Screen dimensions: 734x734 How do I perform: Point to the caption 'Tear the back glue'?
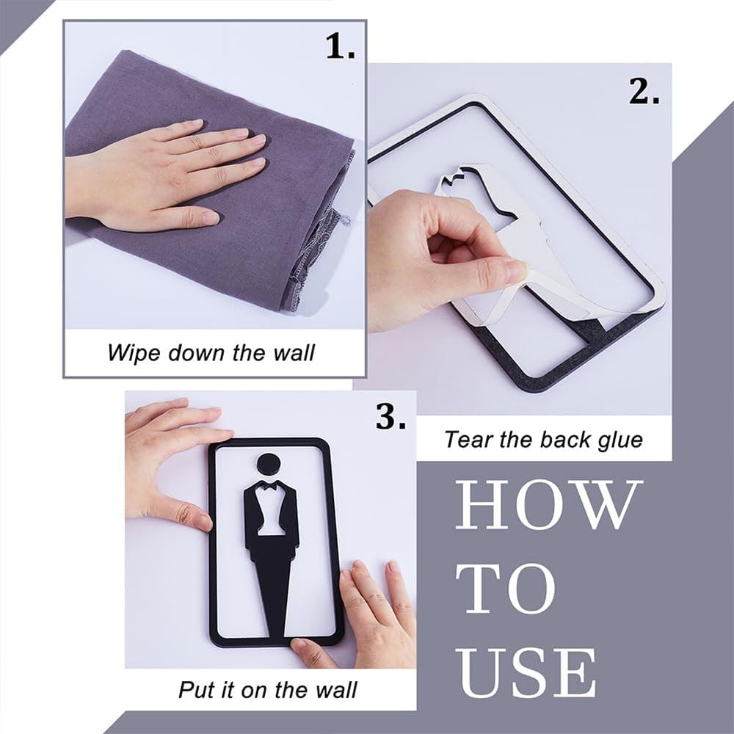[543, 439]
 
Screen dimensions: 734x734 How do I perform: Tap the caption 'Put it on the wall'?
[267, 689]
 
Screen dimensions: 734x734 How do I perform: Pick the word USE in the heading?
[525, 672]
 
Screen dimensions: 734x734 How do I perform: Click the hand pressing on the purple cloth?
[161, 172]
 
